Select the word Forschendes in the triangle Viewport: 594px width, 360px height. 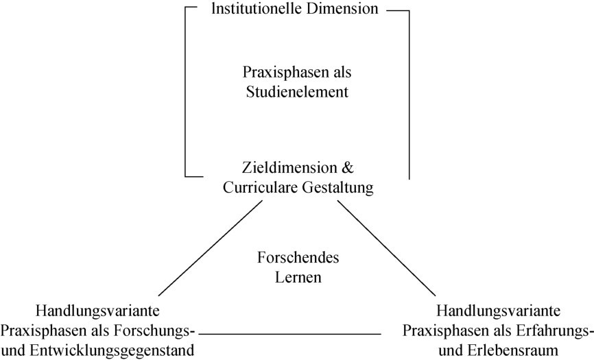(x=298, y=259)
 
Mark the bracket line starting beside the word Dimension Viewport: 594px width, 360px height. (x=409, y=89)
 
